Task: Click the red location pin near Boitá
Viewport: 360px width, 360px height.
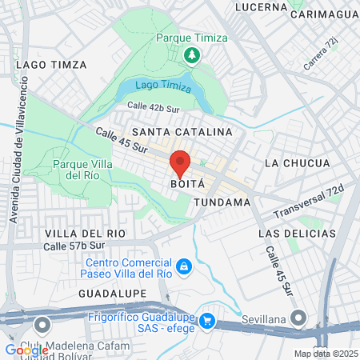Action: pos(180,164)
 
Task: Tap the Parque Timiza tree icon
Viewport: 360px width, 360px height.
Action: pos(192,55)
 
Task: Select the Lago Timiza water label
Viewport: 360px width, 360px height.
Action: pos(163,86)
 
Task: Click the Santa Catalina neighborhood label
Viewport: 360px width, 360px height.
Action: pos(182,131)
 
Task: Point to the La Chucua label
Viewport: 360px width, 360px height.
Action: pos(297,163)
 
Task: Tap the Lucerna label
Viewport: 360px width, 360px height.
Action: pos(261,7)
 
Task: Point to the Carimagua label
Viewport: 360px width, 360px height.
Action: pos(325,14)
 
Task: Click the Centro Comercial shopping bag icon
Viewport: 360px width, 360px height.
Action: pos(184,266)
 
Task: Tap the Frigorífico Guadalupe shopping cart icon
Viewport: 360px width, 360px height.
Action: pos(207,321)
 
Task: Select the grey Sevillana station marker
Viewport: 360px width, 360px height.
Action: pos(299,319)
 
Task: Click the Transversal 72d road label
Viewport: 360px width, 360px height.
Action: pos(308,203)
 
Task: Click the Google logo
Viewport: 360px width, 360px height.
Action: pos(26,350)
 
